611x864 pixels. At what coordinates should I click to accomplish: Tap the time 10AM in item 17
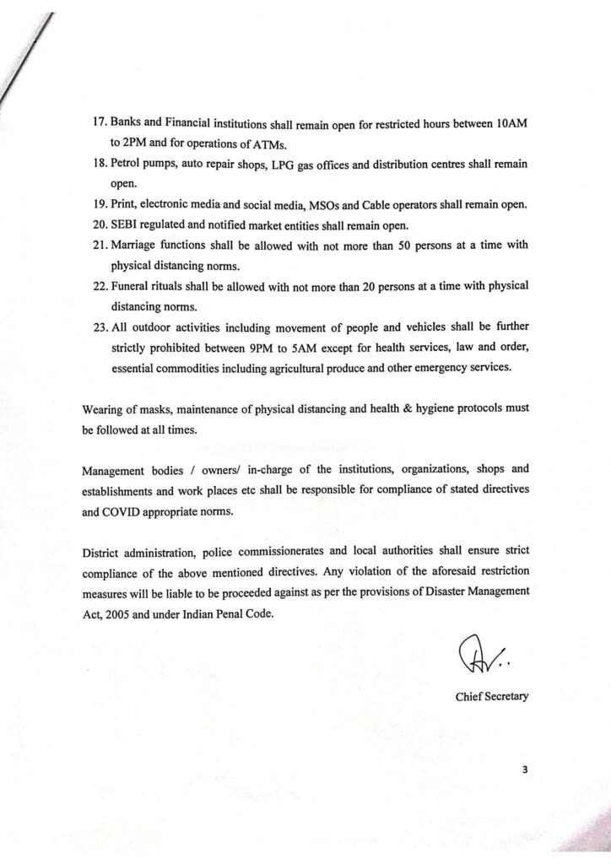[512, 124]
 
